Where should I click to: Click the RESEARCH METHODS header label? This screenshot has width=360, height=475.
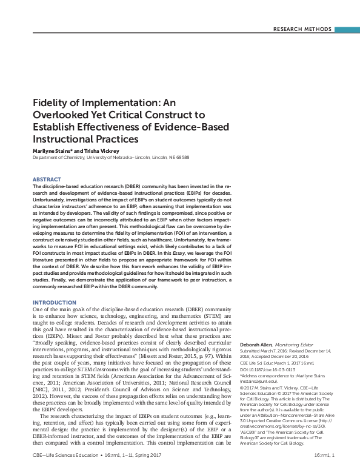(x=303, y=29)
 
